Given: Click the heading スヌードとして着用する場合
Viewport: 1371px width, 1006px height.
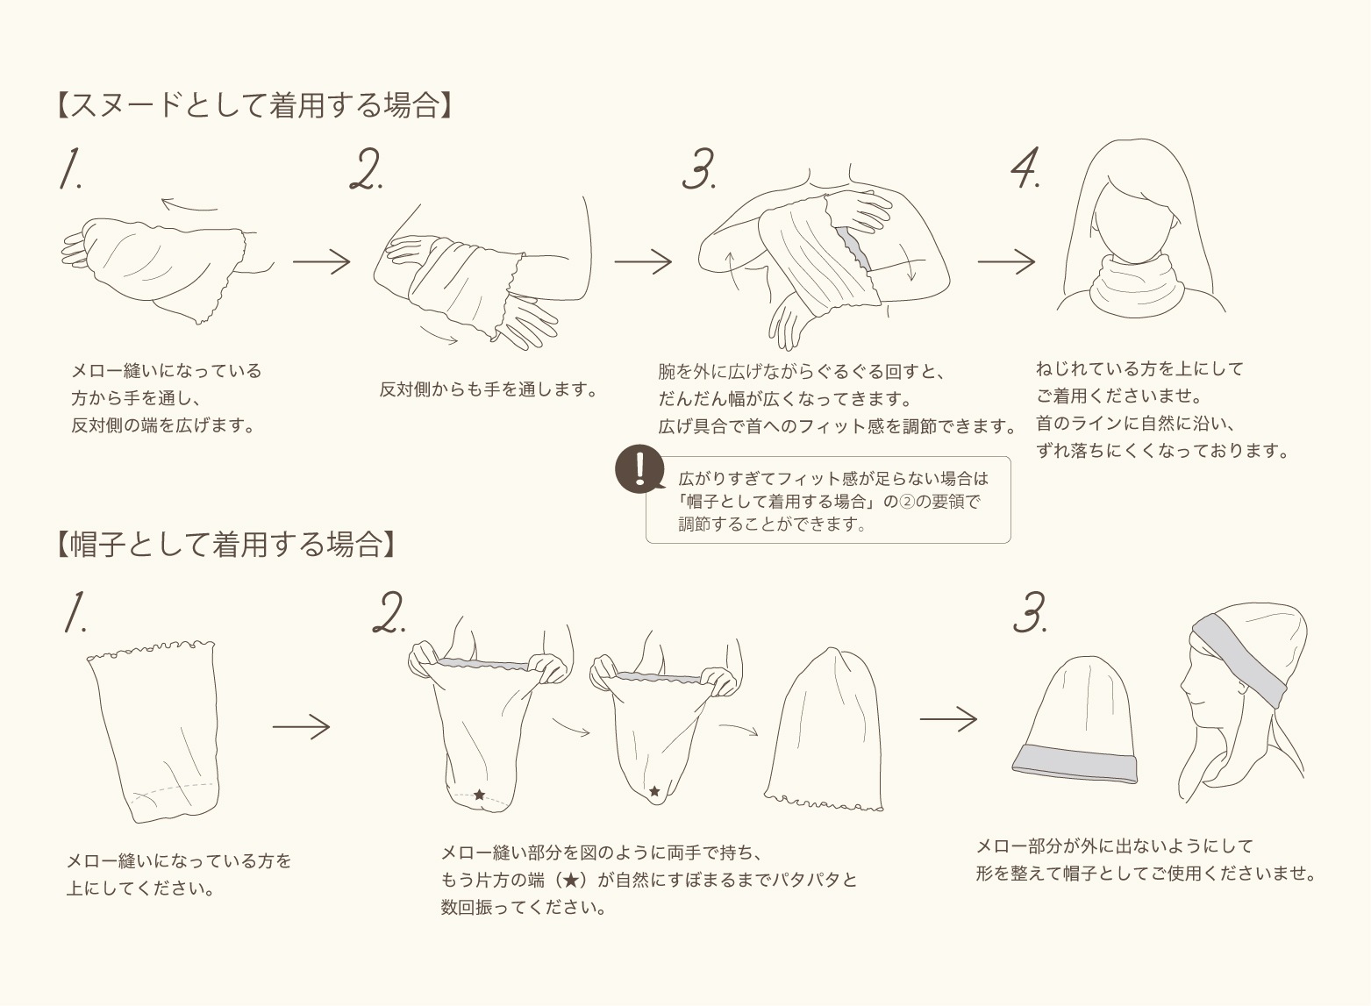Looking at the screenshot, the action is [254, 104].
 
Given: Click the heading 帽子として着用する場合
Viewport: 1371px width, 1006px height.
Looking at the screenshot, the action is [226, 544].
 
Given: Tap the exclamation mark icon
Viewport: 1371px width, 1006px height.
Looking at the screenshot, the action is [639, 469].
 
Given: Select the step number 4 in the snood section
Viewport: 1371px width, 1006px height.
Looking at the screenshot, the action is [1025, 168].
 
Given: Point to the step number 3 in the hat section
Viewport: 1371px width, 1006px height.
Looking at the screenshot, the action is [1030, 612].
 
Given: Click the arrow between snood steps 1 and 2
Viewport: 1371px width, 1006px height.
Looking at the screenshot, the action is [321, 261].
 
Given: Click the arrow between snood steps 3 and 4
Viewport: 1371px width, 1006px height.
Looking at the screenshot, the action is [1006, 261].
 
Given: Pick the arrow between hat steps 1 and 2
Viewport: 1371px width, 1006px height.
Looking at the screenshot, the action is [301, 726].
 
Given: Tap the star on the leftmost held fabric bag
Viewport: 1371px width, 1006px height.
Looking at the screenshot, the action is [479, 795].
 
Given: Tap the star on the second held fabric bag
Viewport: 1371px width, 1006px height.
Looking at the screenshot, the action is [654, 791].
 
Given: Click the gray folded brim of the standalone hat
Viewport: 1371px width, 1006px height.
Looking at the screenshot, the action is [1075, 764].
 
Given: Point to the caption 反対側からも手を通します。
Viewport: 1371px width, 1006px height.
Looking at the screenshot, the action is [488, 389].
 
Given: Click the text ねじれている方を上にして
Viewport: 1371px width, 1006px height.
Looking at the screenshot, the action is [1139, 369].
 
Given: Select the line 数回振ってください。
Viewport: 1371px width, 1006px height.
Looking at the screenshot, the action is [524, 907].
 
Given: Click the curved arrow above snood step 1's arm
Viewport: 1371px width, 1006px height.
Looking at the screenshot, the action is [189, 204].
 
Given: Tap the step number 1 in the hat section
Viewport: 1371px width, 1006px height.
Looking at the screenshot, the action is [75, 612].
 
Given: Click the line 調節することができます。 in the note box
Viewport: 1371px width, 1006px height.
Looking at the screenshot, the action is [772, 524].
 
